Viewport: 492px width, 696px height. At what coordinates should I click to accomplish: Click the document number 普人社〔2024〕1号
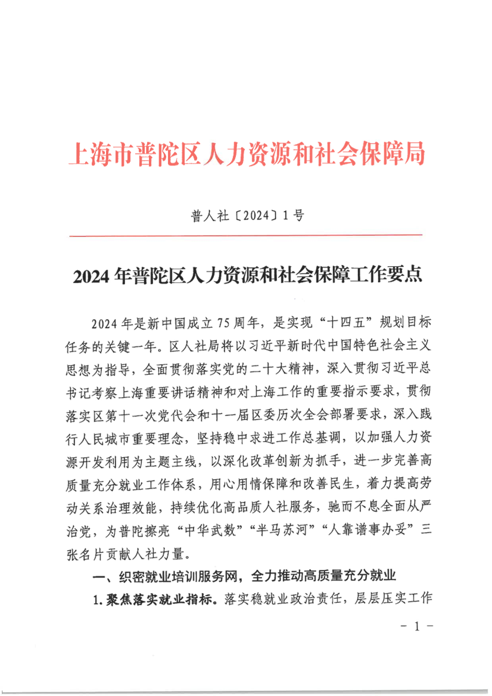[247, 216]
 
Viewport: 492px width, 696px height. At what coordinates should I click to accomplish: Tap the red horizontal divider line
[247, 236]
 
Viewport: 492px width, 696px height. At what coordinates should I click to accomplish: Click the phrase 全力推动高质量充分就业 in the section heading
[324, 576]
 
